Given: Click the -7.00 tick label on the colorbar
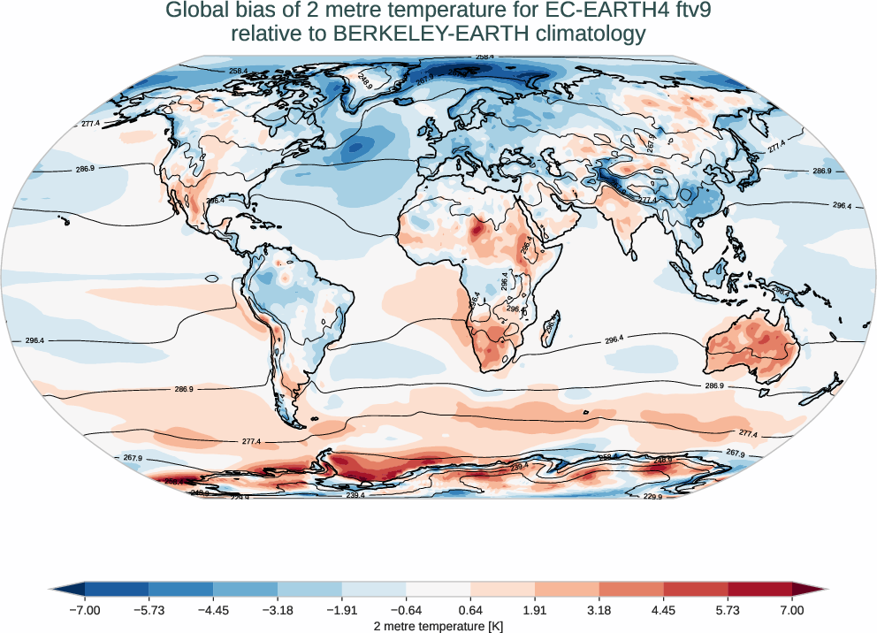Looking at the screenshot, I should pyautogui.click(x=86, y=610).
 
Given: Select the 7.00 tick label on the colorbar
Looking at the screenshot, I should pyautogui.click(x=792, y=610).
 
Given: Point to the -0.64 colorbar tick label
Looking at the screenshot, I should pyautogui.click(x=407, y=610).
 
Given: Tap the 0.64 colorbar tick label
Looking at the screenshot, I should pyautogui.click(x=471, y=610).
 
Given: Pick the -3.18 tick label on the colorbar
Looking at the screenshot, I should pyautogui.click(x=278, y=610).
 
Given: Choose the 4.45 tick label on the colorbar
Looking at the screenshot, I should pyautogui.click(x=664, y=610).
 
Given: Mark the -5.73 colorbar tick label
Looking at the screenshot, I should pyautogui.click(x=149, y=610).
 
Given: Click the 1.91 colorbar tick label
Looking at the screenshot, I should pyautogui.click(x=535, y=610).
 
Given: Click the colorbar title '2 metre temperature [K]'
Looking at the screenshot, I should pyautogui.click(x=438, y=625).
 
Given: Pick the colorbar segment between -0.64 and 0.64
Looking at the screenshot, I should pyautogui.click(x=438, y=588).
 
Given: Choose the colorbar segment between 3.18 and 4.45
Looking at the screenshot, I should pyautogui.click(x=631, y=588).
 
